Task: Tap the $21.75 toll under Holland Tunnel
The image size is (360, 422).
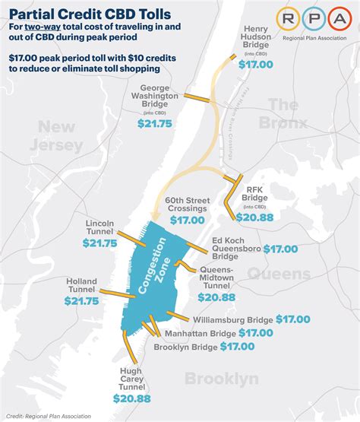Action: click(x=81, y=301)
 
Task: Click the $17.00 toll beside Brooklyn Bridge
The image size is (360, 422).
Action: click(x=237, y=347)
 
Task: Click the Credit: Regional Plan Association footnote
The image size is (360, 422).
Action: click(x=48, y=416)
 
